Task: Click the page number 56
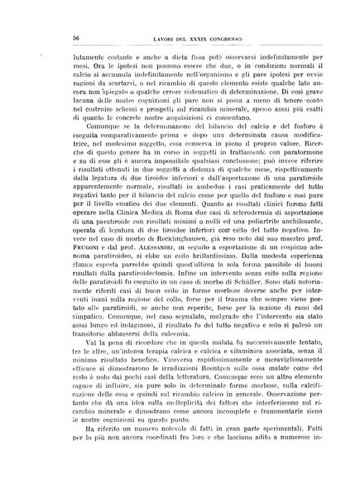point(52,38)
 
